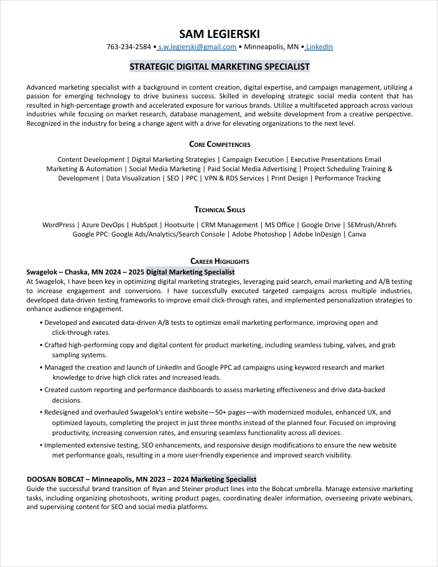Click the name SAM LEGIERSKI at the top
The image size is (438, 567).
(x=219, y=34)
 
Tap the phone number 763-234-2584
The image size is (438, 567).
(x=129, y=47)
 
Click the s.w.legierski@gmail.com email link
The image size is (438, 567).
(x=197, y=47)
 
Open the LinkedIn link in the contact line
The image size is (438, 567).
(x=319, y=47)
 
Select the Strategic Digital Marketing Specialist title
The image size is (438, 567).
(x=219, y=67)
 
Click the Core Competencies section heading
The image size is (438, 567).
(x=219, y=144)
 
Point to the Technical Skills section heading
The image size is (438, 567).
(x=219, y=210)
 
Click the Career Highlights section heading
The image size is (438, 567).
(x=219, y=261)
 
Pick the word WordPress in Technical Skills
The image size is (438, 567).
(x=58, y=225)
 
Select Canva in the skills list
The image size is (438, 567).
(x=356, y=235)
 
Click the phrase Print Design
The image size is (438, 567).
(x=289, y=178)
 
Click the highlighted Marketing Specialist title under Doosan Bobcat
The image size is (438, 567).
(x=223, y=479)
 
